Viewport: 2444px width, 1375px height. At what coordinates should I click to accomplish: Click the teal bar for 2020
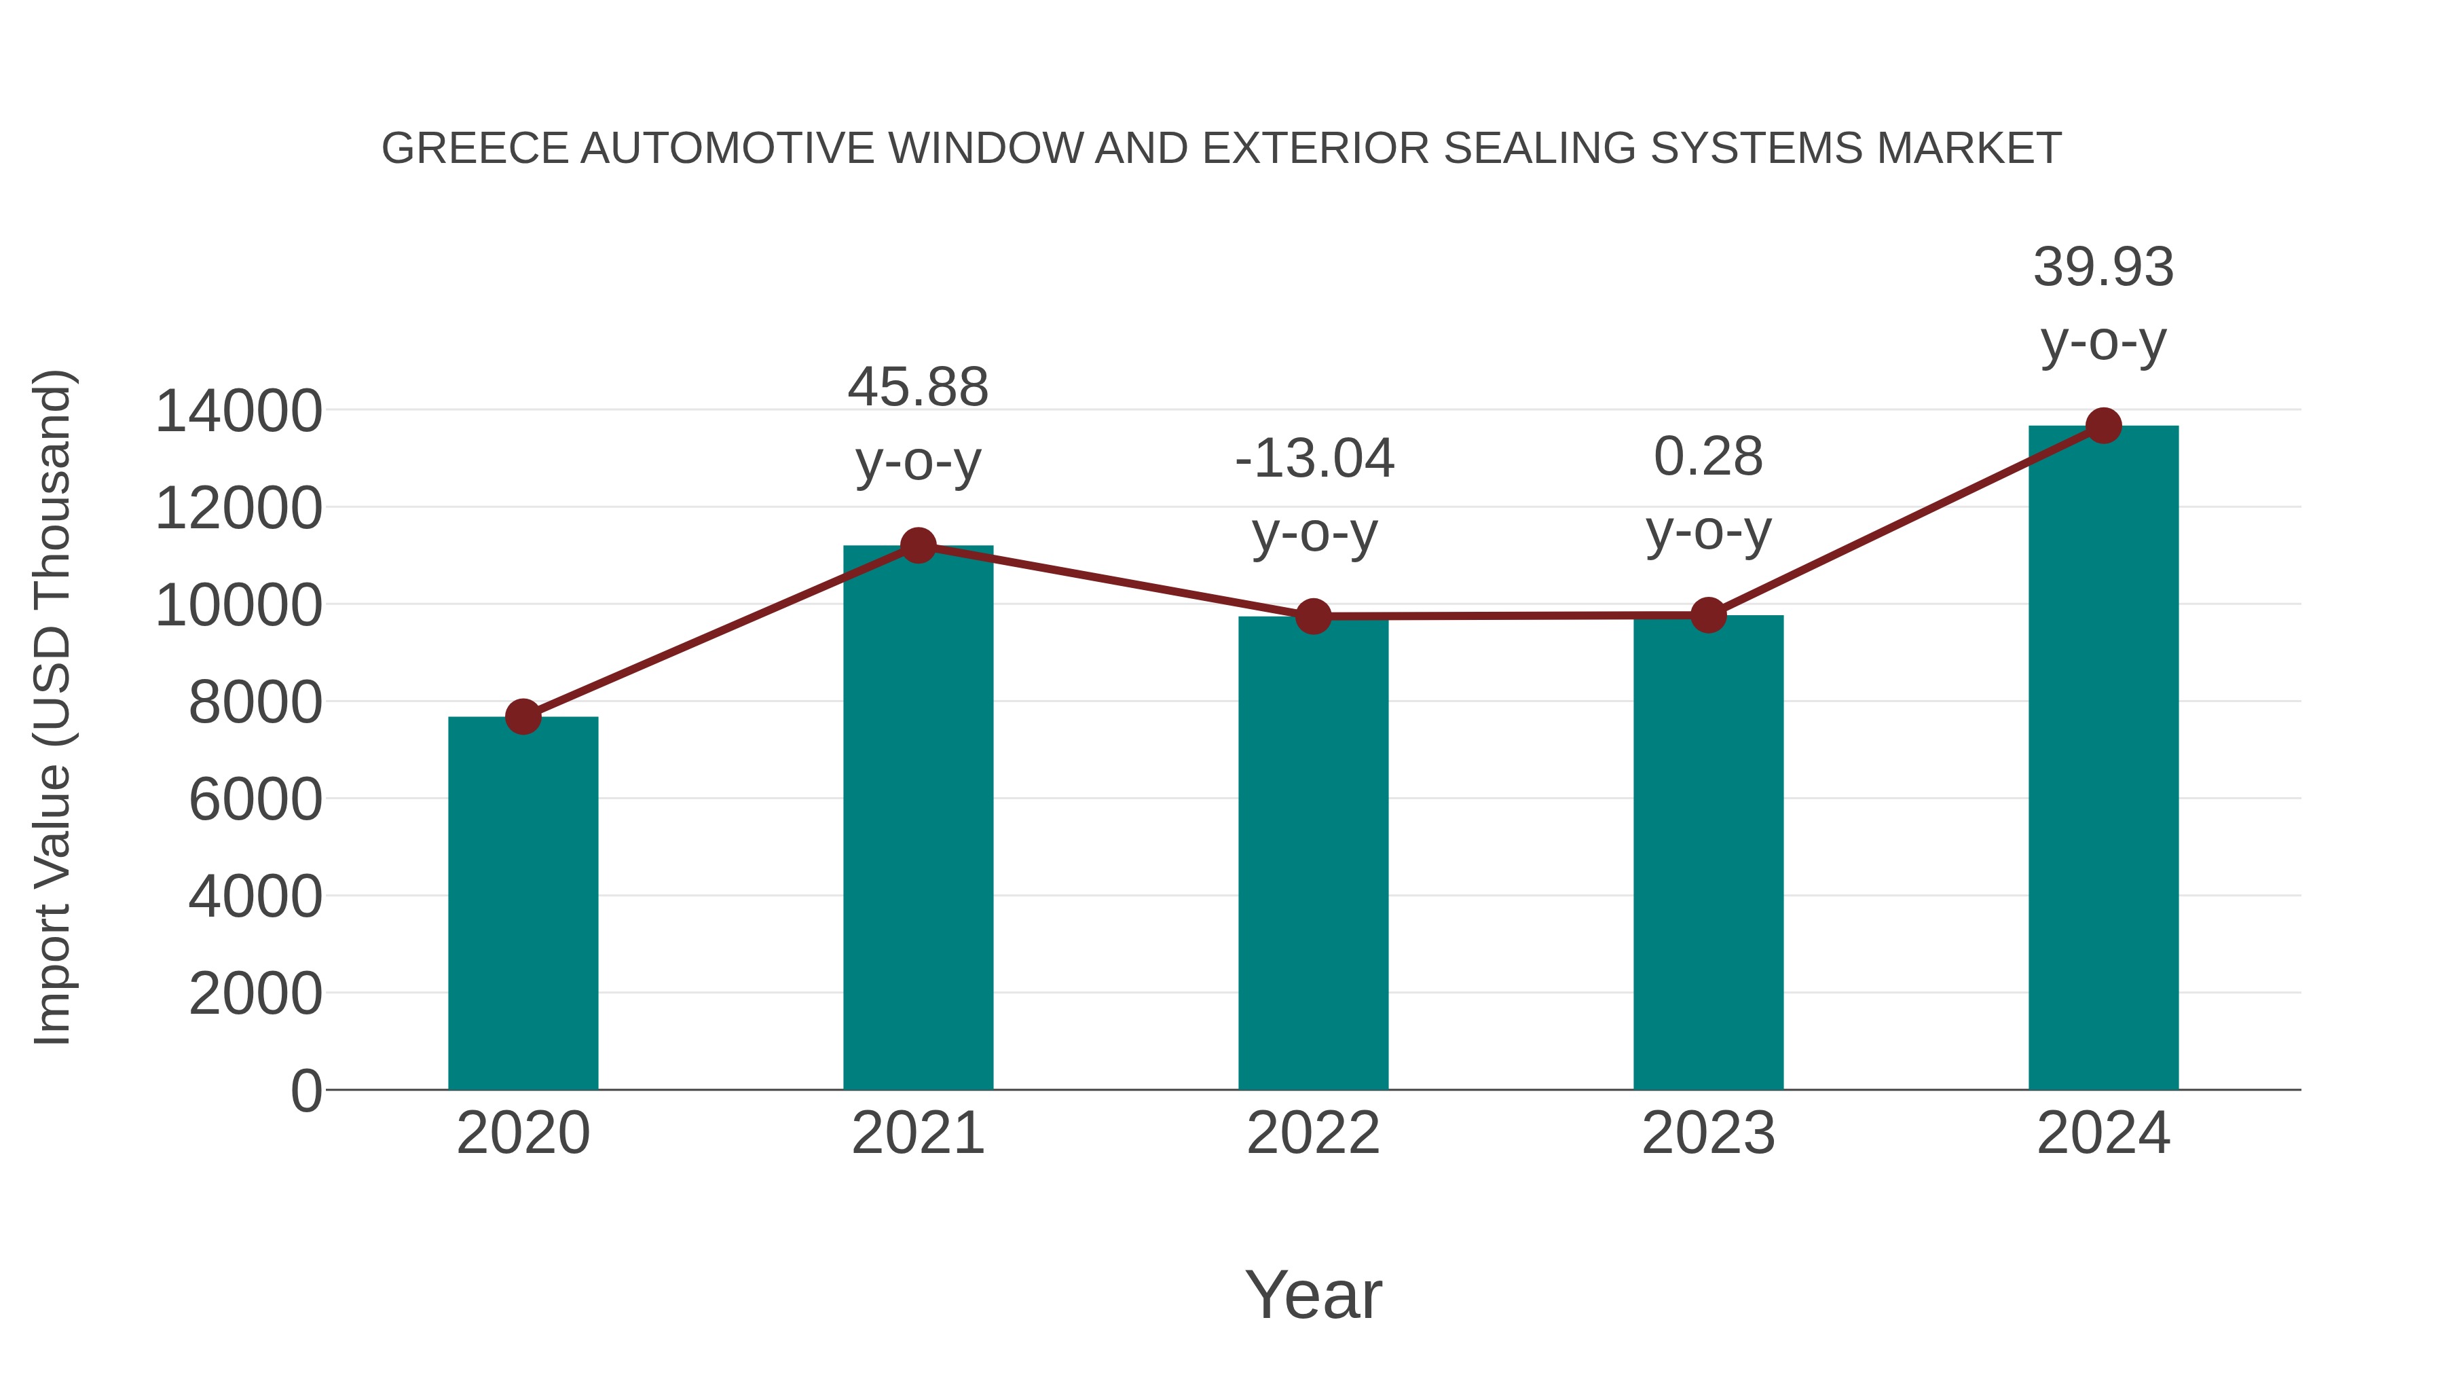523,902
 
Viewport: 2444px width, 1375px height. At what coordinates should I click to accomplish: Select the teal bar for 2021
917,816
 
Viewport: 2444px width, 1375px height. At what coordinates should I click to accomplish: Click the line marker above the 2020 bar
523,716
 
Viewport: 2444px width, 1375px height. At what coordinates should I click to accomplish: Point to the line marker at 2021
917,546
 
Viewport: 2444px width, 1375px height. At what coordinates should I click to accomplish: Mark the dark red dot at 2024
2103,426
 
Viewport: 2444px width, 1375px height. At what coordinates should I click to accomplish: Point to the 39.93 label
2103,267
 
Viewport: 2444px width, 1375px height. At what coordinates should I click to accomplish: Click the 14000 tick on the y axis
238,412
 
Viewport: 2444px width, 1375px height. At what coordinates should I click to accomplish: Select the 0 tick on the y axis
305,1090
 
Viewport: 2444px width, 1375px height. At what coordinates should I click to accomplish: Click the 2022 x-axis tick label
1313,1133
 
